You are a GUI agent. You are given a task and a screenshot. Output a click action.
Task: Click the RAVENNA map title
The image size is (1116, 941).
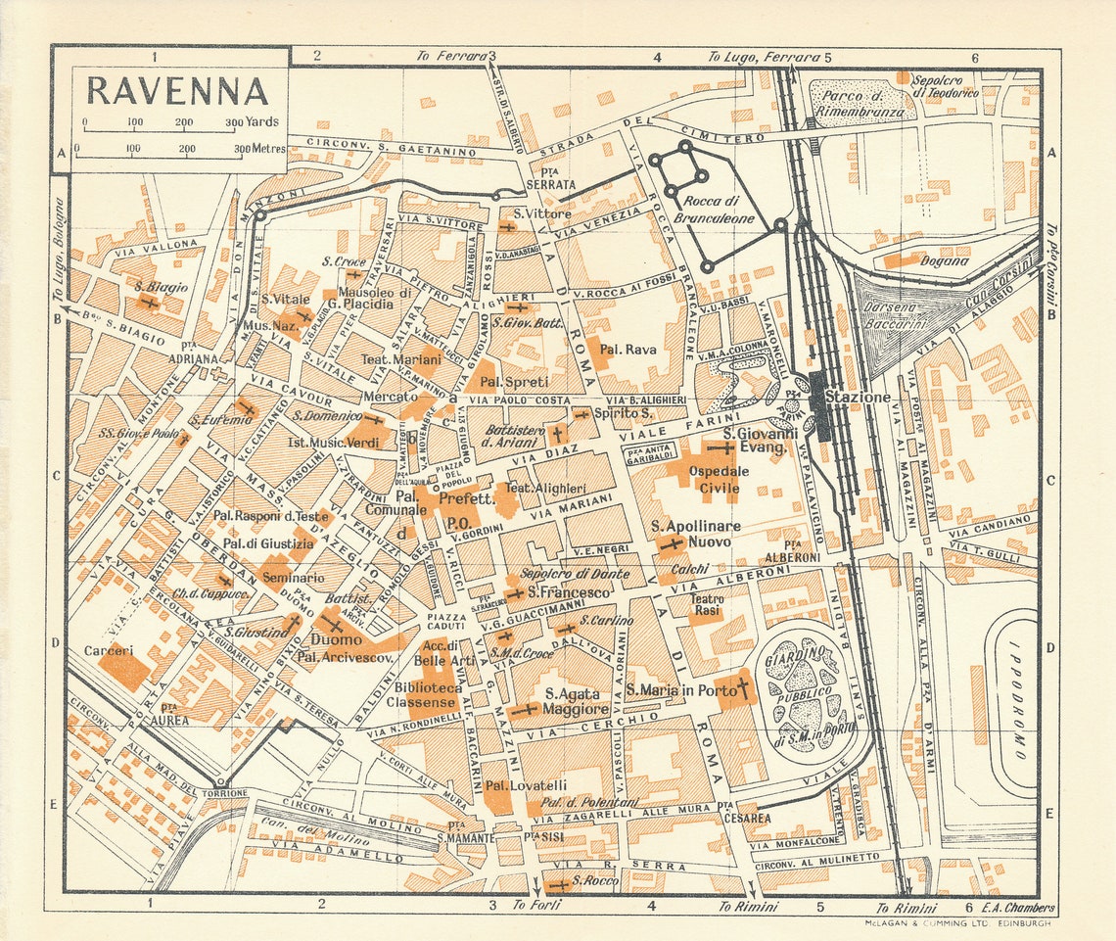pos(177,90)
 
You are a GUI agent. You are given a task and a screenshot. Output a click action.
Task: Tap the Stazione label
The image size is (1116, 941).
pos(859,398)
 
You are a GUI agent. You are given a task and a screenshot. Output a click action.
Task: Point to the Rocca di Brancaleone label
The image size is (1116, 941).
pos(714,211)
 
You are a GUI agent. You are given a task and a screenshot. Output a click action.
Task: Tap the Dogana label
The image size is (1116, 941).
pos(944,261)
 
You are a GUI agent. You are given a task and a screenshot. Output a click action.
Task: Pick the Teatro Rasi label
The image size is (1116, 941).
pos(707,604)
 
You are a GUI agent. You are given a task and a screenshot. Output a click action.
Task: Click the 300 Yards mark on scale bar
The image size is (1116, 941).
pos(235,123)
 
